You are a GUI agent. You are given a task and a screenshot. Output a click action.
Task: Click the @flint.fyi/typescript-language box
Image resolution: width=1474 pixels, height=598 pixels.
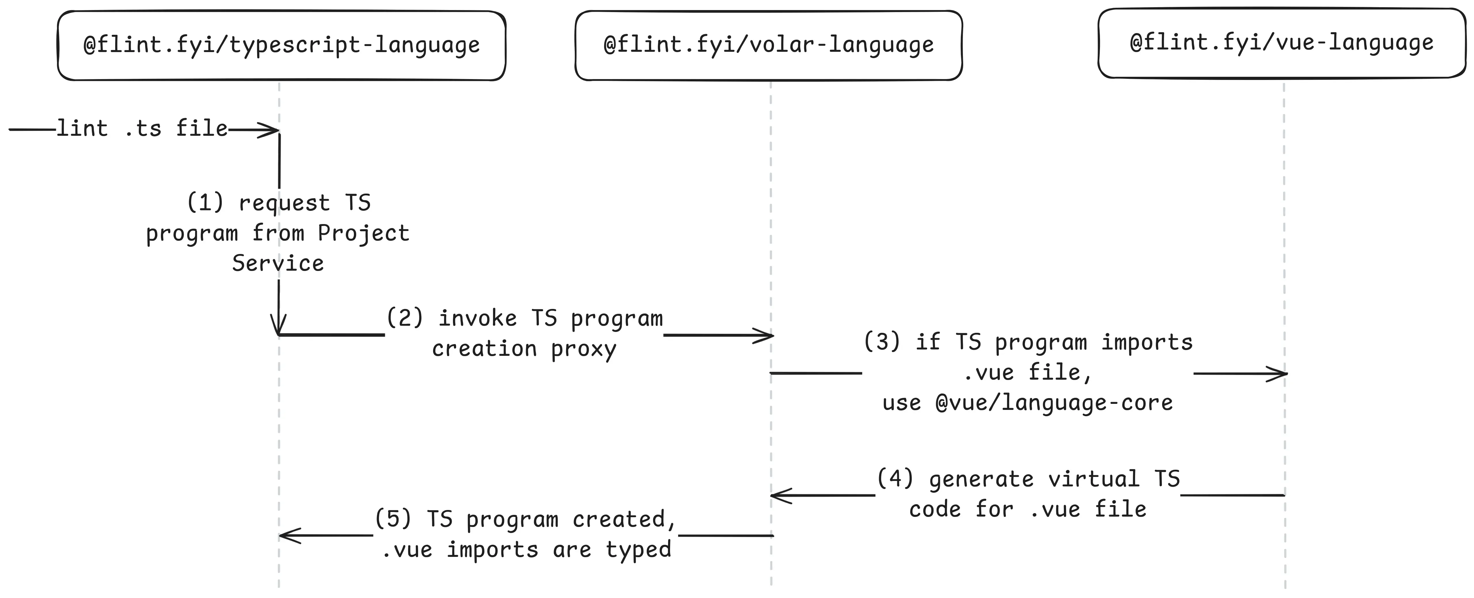point(282,45)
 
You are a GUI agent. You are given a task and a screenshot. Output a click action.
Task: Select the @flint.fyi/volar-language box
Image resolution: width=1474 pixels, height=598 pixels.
point(769,45)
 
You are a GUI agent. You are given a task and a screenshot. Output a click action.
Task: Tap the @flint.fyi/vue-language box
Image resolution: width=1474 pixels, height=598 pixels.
point(1282,43)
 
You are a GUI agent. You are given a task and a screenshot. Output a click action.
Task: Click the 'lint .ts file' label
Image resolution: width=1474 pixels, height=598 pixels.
point(142,129)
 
